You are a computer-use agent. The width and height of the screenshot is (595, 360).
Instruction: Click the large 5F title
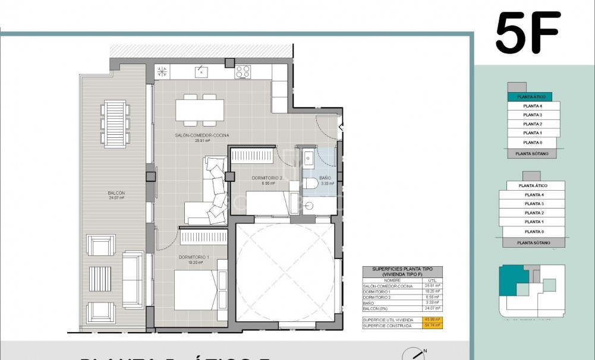pos(528,33)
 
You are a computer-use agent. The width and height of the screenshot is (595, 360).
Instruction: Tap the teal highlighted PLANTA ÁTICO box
pos(530,96)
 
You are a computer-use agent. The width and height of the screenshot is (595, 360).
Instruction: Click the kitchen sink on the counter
pos(200,72)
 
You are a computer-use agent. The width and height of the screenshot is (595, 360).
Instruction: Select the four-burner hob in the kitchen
pos(243,72)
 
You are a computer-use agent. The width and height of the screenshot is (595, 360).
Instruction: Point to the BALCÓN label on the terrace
pos(116,193)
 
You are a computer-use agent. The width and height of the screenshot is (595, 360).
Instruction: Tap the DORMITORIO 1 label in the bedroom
pos(193,257)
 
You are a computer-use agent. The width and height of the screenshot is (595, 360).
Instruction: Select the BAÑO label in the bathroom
pos(325,178)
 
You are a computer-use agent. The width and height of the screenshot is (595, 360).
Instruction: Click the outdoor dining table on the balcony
pos(114,123)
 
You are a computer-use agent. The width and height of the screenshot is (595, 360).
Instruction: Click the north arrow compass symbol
pos(417,355)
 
